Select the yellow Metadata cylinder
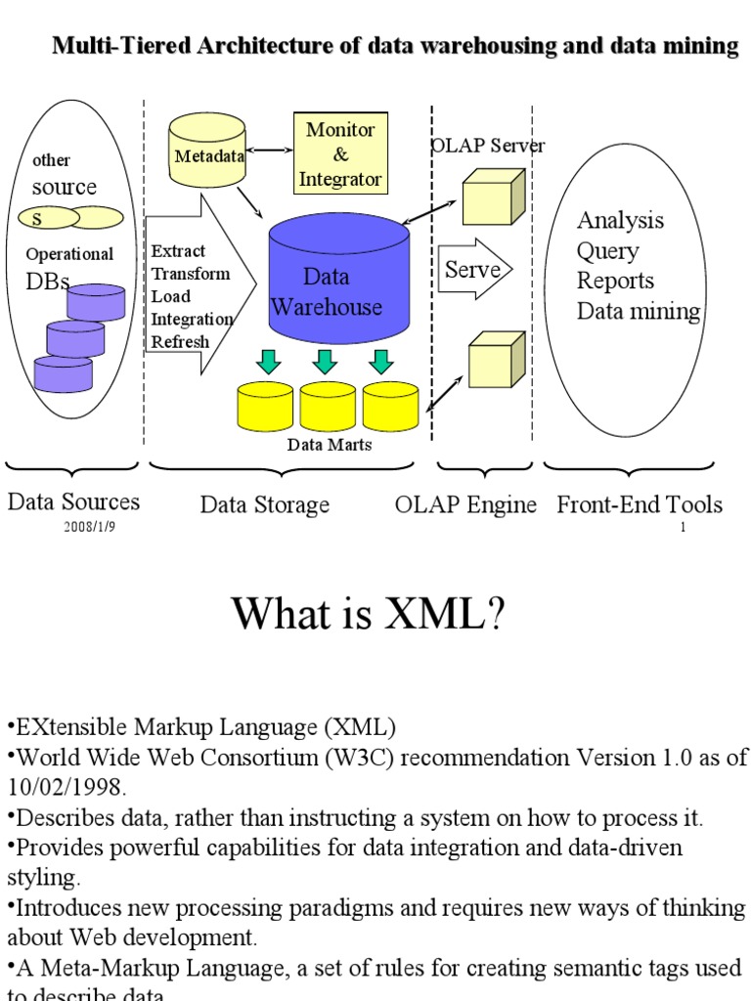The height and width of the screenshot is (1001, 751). [x=206, y=152]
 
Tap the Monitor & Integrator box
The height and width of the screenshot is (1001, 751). [x=340, y=153]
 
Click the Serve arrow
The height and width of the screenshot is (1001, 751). [x=474, y=270]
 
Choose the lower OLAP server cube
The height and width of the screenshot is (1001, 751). [x=496, y=361]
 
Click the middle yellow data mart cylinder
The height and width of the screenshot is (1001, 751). [x=329, y=406]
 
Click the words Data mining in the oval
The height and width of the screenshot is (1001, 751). [x=638, y=312]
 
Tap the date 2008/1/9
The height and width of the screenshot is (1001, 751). [x=90, y=527]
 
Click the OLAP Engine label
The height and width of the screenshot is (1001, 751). [x=465, y=504]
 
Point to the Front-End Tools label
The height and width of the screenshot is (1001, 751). [x=640, y=504]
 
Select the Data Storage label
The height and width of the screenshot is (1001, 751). [x=265, y=504]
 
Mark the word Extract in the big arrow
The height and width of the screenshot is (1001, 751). [x=178, y=251]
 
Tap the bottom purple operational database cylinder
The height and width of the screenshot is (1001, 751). [x=63, y=373]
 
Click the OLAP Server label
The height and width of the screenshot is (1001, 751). [x=488, y=146]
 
